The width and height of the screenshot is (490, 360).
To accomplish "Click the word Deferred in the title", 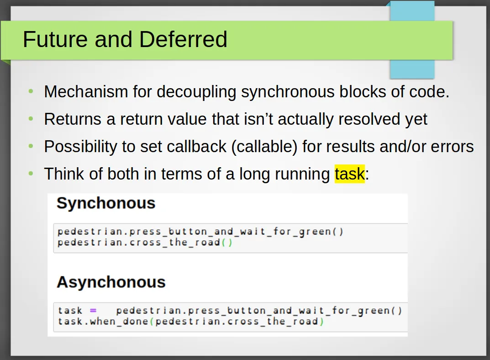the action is [x=183, y=39].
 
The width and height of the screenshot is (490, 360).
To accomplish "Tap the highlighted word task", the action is [x=350, y=174].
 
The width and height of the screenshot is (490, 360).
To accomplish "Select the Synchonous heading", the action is [x=106, y=203].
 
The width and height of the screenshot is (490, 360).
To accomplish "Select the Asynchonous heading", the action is [x=111, y=282].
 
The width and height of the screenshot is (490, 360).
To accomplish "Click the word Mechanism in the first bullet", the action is [x=86, y=92].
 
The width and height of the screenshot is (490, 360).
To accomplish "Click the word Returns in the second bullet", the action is [x=73, y=119].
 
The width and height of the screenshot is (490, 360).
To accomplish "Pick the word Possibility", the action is [x=80, y=147].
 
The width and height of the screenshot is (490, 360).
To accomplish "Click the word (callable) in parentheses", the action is [x=264, y=147].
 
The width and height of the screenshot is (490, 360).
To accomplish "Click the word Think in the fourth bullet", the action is [x=64, y=174].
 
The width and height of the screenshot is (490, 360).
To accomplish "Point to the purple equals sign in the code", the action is [x=93, y=311].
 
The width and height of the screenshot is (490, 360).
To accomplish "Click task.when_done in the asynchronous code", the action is [x=103, y=322].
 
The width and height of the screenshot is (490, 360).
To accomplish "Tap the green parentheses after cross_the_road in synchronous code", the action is [x=227, y=243].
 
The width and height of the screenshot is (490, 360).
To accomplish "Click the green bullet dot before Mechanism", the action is [x=31, y=91].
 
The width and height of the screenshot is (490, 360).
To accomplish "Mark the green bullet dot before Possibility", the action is [x=31, y=146].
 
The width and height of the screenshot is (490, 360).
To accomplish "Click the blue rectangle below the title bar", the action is [x=412, y=69].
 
